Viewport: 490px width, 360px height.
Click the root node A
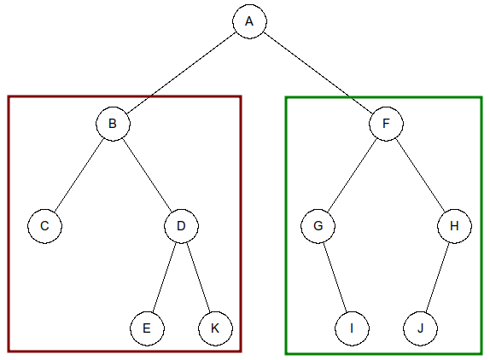pyautogui.click(x=249, y=21)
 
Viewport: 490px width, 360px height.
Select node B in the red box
pyautogui.click(x=113, y=124)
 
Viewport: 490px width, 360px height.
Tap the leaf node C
pyautogui.click(x=44, y=226)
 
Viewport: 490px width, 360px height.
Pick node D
pyautogui.click(x=181, y=226)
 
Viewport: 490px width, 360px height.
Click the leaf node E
pyautogui.click(x=147, y=328)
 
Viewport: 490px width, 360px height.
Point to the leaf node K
pyautogui.click(x=215, y=328)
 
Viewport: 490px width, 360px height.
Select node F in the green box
pyautogui.click(x=386, y=124)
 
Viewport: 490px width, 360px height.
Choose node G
pyautogui.click(x=318, y=226)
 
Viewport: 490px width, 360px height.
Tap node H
pyautogui.click(x=454, y=226)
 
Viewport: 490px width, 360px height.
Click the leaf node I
pyautogui.click(x=352, y=328)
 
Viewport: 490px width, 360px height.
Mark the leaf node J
pyautogui.click(x=420, y=328)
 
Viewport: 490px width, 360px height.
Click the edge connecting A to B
pyautogui.click(x=181, y=73)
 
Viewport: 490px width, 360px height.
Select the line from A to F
pyautogui.click(x=318, y=73)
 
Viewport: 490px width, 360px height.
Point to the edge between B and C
pyautogui.click(x=79, y=175)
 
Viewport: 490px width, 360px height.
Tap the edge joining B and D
pyautogui.click(x=147, y=175)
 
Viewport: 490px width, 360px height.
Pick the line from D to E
pyautogui.click(x=164, y=277)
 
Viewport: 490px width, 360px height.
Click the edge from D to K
pyautogui.click(x=198, y=277)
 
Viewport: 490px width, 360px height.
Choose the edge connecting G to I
pyautogui.click(x=335, y=277)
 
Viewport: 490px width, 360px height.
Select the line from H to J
pyautogui.click(x=437, y=277)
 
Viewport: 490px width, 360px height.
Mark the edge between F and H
pyautogui.click(x=420, y=175)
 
